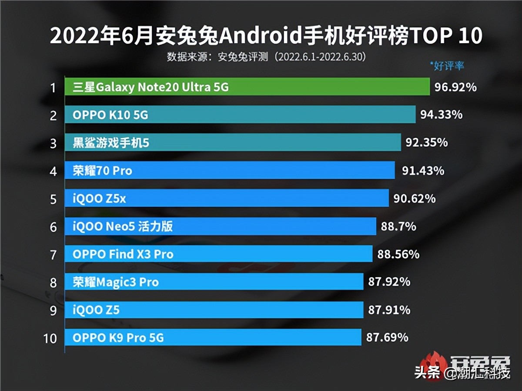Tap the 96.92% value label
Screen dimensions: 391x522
[455, 88]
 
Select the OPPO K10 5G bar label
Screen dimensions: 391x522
[110, 115]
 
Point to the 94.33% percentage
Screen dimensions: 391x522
[441, 115]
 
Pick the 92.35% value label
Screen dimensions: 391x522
[426, 142]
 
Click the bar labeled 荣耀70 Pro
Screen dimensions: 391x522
[230, 171]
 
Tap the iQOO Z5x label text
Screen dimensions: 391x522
[100, 199]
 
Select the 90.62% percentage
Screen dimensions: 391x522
[414, 199]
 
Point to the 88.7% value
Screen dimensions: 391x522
[398, 226]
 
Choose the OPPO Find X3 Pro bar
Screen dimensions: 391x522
[218, 254]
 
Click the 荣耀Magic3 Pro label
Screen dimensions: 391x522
[116, 282]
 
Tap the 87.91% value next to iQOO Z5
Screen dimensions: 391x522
[389, 310]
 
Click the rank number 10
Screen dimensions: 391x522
[51, 338]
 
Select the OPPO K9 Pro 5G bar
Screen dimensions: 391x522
[213, 337]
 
